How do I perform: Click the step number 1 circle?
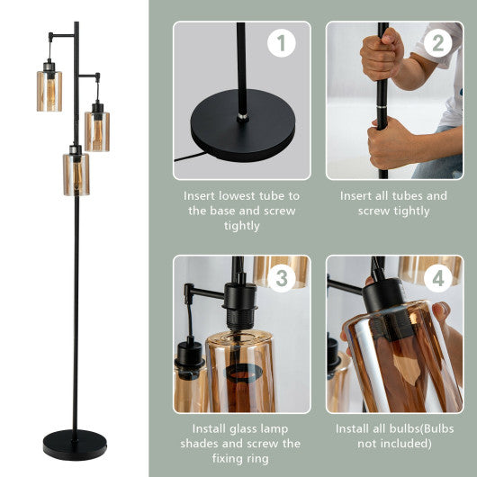point(282,42)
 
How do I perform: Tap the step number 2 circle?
point(437,42)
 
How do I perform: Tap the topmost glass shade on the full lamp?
point(49,90)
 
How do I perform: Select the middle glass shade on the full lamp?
point(97,129)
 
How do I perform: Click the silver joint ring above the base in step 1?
point(241,116)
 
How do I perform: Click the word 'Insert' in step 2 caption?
point(358,195)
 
